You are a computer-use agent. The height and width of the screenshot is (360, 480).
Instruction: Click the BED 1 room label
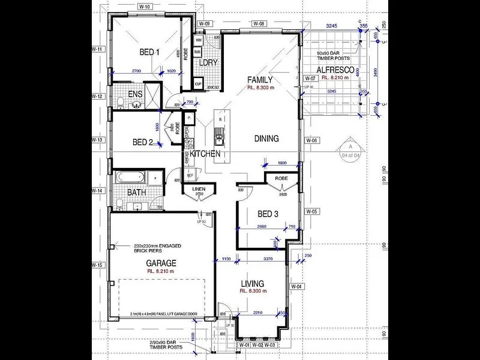click(149, 52)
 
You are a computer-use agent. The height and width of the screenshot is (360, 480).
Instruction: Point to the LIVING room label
click(252, 283)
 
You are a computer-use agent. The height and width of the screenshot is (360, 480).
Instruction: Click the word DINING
click(266, 139)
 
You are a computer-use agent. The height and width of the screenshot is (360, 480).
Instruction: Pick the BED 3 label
click(267, 214)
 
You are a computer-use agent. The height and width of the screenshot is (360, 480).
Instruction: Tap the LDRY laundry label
click(208, 63)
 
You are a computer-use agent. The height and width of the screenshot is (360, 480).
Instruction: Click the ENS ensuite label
click(135, 94)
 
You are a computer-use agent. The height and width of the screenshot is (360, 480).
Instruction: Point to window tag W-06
click(311, 140)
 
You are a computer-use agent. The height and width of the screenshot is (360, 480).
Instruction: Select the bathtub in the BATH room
click(130, 178)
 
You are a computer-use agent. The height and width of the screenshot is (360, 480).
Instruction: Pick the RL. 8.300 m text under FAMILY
click(260, 88)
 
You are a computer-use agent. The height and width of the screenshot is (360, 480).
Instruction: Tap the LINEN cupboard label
click(199, 190)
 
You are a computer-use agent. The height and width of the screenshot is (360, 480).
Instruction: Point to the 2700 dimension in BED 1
click(136, 71)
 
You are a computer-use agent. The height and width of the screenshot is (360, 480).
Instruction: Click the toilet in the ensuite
click(120, 101)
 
